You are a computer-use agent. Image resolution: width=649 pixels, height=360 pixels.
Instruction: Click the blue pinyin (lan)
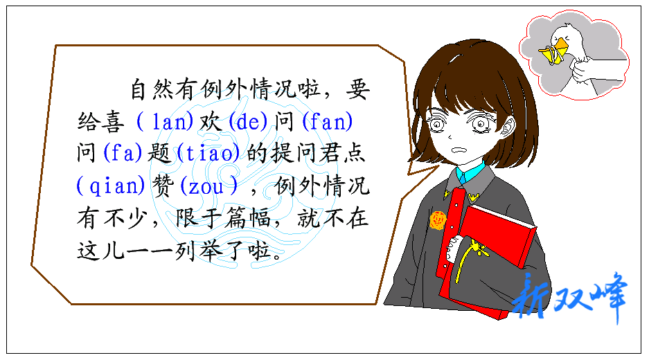tap(164, 122)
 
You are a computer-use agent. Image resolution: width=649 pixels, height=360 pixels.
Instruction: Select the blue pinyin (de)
tap(248, 122)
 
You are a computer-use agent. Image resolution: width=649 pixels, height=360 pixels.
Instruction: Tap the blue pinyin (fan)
tap(328, 122)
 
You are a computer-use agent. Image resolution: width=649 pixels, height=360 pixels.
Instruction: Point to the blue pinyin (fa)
tap(123, 153)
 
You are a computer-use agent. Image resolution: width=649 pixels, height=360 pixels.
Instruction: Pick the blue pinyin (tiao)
tap(208, 153)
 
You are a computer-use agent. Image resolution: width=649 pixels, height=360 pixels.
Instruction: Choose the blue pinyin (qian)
tap(111, 186)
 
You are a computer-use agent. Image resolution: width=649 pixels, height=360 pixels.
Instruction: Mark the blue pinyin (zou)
tap(209, 186)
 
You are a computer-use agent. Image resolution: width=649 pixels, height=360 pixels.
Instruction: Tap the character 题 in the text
tap(159, 153)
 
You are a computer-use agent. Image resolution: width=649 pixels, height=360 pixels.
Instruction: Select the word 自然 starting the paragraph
tap(152, 89)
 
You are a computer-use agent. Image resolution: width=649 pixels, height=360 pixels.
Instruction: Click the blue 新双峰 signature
tap(570, 297)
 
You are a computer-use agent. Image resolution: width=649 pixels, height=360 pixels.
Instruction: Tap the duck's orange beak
tap(554, 51)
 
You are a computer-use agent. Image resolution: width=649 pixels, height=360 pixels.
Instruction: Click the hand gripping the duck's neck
tap(583, 71)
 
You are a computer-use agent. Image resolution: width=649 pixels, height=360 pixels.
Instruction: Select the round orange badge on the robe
tap(438, 219)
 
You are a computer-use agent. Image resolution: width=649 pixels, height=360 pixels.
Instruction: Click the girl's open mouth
tap(459, 150)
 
